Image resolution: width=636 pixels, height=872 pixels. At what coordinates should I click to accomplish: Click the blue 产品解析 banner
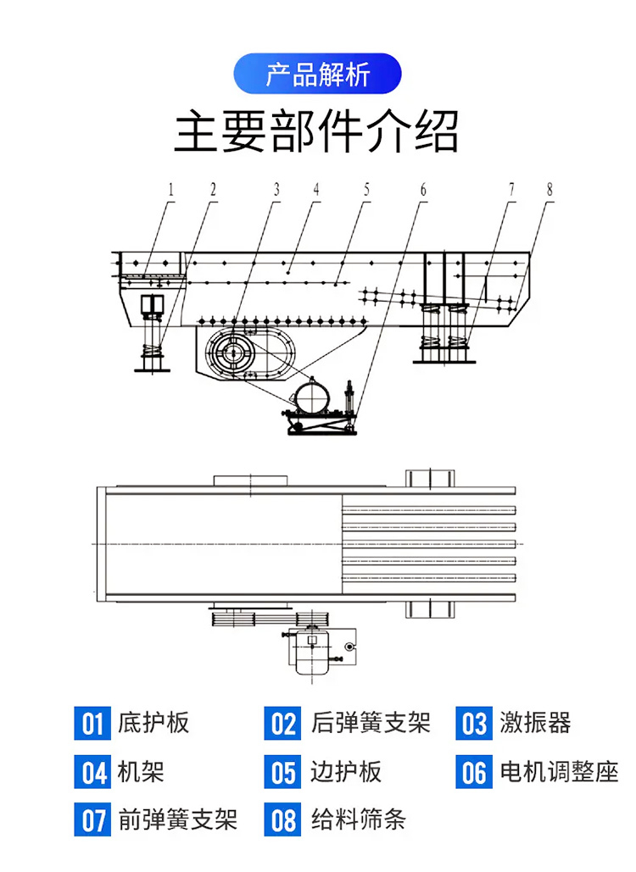317,74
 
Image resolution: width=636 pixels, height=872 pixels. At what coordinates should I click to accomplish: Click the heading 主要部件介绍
317,132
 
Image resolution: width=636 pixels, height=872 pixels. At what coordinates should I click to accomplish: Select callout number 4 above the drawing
315,190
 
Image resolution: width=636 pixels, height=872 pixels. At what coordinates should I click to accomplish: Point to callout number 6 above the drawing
422,190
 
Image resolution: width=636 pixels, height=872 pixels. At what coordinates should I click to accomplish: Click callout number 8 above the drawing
549,190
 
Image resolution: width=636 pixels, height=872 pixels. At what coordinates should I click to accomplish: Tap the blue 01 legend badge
92,724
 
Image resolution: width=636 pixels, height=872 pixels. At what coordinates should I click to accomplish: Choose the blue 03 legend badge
474,724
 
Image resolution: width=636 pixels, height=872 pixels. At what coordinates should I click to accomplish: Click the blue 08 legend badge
282,820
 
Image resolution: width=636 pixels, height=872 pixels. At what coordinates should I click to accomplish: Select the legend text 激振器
535,723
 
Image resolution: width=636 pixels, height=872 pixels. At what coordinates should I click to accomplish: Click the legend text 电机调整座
559,772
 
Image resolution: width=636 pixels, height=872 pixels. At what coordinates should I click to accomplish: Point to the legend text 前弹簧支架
178,819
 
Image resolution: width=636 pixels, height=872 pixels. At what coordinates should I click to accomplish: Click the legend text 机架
141,772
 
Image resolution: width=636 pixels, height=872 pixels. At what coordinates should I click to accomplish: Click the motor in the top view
311,651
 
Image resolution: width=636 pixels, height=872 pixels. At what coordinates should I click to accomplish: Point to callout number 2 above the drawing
213,190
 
